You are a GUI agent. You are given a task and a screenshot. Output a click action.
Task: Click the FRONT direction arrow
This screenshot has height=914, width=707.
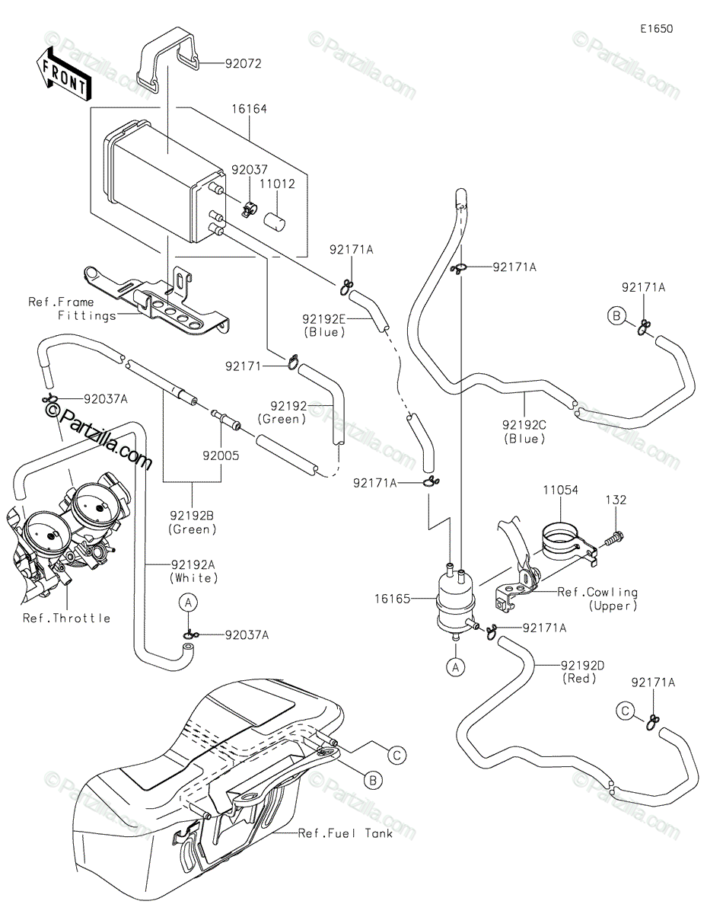coord(63,76)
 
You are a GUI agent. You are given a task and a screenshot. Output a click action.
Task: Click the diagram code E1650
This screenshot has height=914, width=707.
coord(657,29)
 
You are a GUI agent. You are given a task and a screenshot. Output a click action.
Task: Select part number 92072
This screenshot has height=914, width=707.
coord(243,63)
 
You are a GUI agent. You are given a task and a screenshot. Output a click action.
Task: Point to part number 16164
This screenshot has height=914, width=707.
coord(249,109)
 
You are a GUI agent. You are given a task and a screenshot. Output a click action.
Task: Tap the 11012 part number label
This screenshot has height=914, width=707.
coord(277,184)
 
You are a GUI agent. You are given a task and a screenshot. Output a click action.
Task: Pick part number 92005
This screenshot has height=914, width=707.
coord(221,455)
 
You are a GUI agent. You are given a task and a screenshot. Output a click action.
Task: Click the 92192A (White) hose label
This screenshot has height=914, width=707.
coord(193,571)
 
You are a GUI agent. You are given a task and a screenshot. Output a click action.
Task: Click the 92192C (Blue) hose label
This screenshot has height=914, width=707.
coord(524,432)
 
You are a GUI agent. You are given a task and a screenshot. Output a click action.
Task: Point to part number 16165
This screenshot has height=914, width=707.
coord(392,599)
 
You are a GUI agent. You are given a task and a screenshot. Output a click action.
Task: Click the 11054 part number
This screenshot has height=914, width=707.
coord(560,490)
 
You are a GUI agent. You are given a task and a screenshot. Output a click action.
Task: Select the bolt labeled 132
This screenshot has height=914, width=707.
coord(614,538)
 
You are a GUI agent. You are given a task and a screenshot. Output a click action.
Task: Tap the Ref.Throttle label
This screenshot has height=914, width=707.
coord(66,618)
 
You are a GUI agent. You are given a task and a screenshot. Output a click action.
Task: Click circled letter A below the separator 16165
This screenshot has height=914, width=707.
coord(456,667)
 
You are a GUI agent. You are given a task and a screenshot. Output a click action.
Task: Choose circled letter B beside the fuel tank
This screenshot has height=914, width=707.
coord(373,781)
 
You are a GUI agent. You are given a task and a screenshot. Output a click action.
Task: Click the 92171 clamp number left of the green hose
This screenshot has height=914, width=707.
coord(244,367)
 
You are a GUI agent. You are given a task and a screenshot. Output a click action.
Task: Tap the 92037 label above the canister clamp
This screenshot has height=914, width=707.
coord(250,170)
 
